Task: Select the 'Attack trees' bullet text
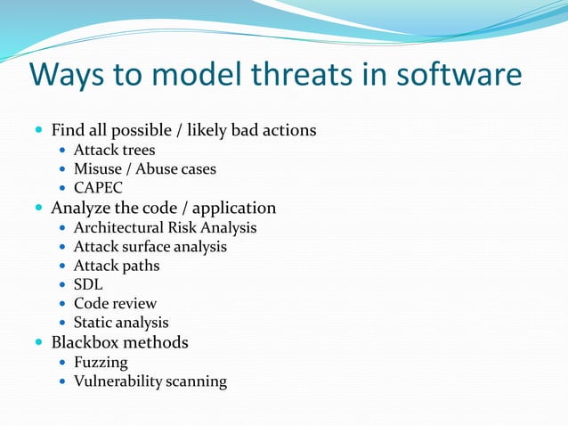[x=114, y=150]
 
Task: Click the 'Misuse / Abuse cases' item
[x=144, y=168]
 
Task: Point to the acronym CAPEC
[x=98, y=188]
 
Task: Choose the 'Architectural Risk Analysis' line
[x=165, y=227]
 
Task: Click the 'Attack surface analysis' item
[x=150, y=246]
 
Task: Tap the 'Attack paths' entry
[x=116, y=266]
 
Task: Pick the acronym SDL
[x=88, y=284]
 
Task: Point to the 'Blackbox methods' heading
[x=119, y=342]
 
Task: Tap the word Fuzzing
[x=101, y=362]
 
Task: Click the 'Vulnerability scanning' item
[x=150, y=381]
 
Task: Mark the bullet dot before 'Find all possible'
[x=38, y=131]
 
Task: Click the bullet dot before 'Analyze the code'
[x=38, y=209]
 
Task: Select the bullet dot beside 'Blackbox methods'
[x=38, y=343]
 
